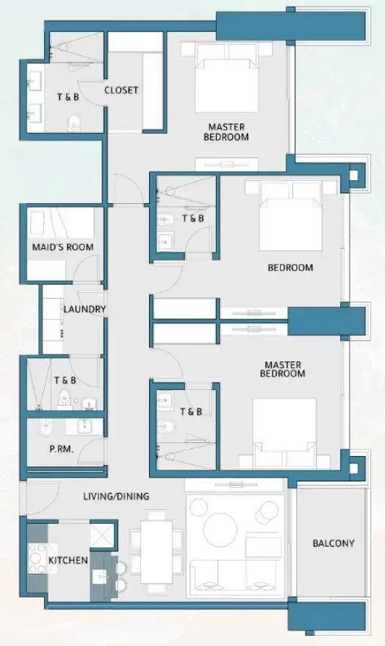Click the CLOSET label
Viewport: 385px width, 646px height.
[121, 90]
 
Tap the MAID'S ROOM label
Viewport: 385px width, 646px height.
[62, 247]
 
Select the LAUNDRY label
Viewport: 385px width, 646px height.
[84, 310]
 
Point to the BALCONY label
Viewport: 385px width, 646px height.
[333, 544]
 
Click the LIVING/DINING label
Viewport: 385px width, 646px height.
[116, 497]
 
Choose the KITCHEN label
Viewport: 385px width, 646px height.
[68, 561]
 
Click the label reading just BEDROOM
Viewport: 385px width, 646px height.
[289, 268]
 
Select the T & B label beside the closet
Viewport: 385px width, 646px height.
[68, 97]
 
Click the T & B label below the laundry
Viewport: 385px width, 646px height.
[65, 380]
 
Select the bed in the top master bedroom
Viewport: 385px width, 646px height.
[227, 78]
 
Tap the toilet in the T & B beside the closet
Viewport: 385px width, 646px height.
[73, 123]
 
